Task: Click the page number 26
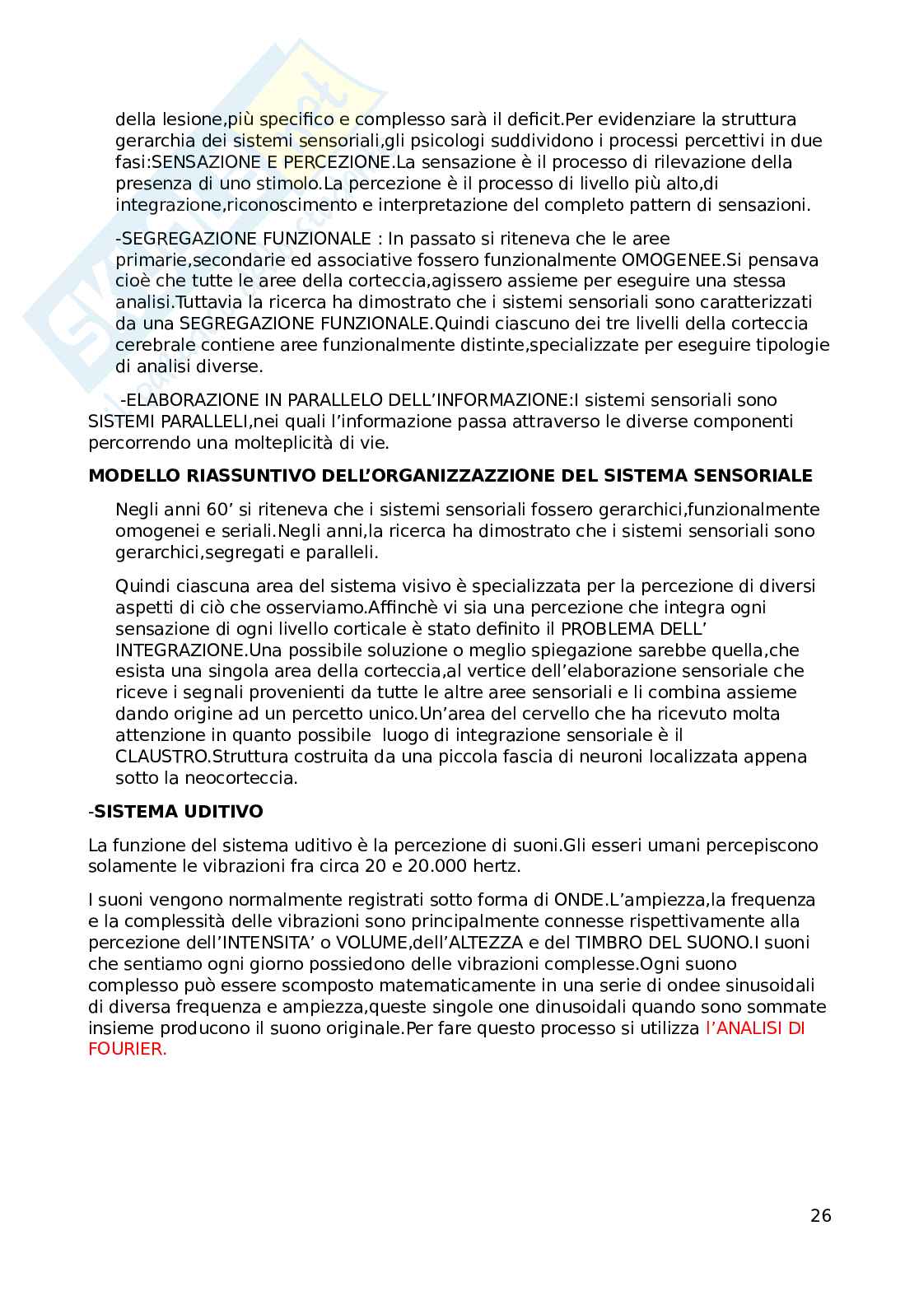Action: [x=821, y=1215]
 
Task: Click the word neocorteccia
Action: [x=238, y=778]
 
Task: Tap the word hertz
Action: [x=497, y=866]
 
